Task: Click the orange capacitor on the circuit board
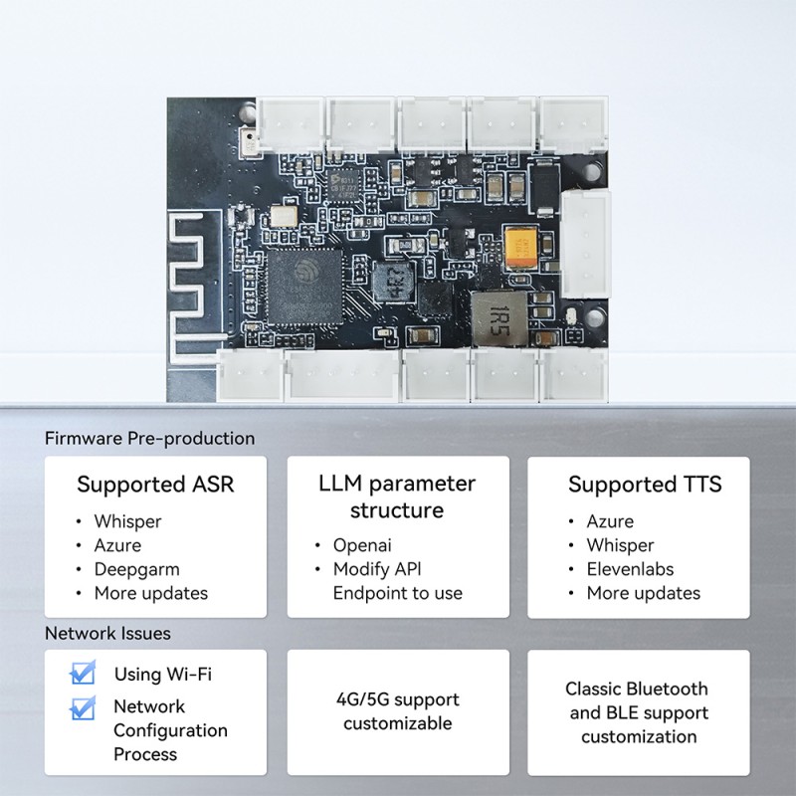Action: click(521, 244)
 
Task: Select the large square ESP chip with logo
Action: click(300, 286)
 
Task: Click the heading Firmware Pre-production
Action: click(149, 438)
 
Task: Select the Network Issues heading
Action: click(107, 633)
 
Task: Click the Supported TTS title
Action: click(645, 485)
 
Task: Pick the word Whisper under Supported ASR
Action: click(127, 521)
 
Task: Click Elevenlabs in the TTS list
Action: click(630, 569)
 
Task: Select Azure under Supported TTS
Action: click(610, 521)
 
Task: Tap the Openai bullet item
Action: click(362, 545)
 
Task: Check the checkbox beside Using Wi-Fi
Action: click(83, 674)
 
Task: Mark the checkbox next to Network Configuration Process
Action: click(83, 707)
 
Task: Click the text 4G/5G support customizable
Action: click(398, 711)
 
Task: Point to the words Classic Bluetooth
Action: click(637, 689)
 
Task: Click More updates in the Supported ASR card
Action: click(150, 593)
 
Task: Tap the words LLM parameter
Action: click(397, 485)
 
